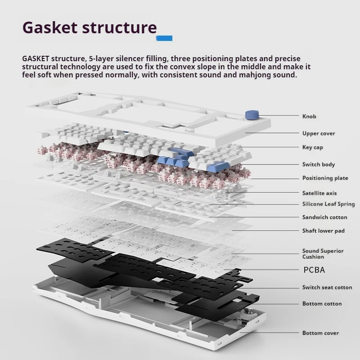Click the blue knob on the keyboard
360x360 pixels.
pyautogui.click(x=250, y=115)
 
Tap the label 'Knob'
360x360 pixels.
pyautogui.click(x=309, y=117)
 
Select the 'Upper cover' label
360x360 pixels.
pyautogui.click(x=319, y=133)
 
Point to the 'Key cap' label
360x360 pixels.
pyautogui.click(x=313, y=147)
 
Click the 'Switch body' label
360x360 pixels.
pyautogui.click(x=319, y=165)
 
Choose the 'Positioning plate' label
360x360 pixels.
pyautogui.click(x=325, y=178)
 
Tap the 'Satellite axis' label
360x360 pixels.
pyautogui.click(x=319, y=193)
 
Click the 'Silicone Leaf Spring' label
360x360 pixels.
pyautogui.click(x=328, y=204)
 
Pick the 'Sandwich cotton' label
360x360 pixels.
pyautogui.click(x=325, y=217)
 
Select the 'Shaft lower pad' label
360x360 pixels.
pyautogui.click(x=324, y=231)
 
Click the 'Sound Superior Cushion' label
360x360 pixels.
pyautogui.click(x=323, y=254)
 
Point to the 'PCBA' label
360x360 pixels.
pyautogui.click(x=314, y=270)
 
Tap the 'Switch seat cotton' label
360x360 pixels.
pyautogui.click(x=327, y=288)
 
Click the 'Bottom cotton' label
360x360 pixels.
pyautogui.click(x=322, y=304)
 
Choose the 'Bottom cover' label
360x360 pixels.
pyautogui.click(x=320, y=333)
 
